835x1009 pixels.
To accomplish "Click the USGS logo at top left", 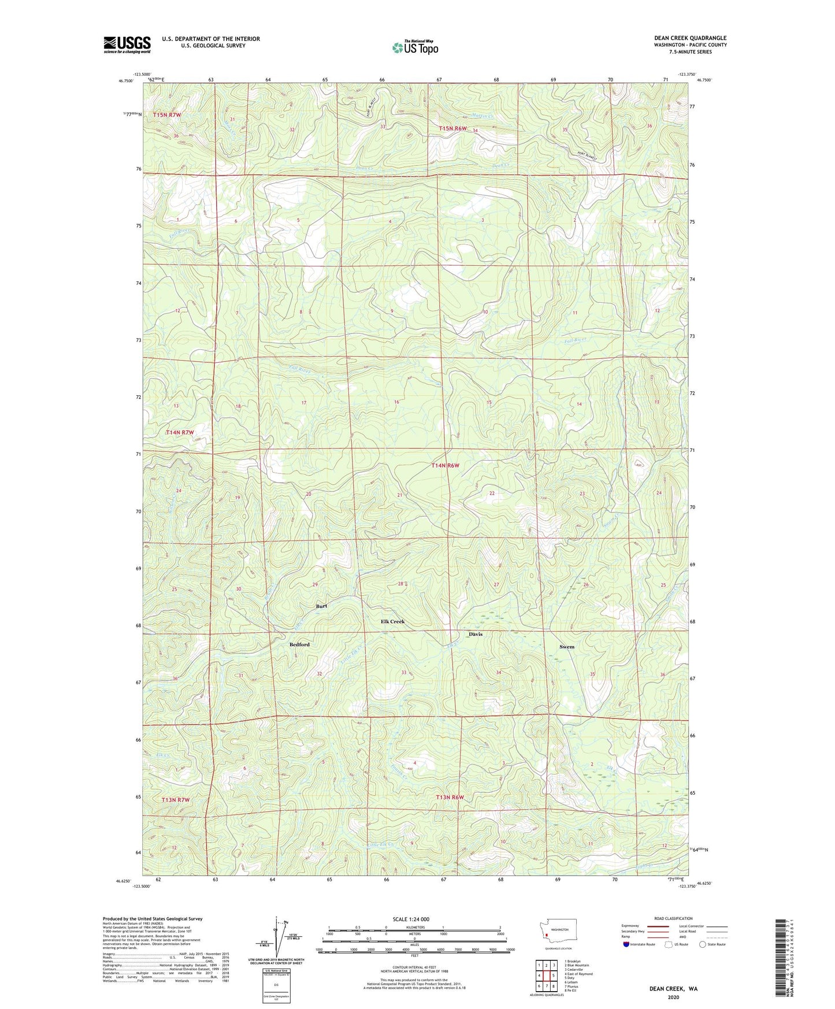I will click(127, 44).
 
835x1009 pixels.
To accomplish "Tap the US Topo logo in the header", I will click(414, 47).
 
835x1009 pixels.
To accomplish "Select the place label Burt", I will click(321, 606).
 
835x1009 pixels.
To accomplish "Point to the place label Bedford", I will click(299, 644).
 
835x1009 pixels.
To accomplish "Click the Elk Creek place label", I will click(392, 621).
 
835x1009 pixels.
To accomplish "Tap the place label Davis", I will click(476, 634).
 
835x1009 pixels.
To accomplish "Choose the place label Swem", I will click(567, 647).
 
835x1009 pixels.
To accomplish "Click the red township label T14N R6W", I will click(445, 465).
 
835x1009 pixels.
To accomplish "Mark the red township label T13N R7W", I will click(175, 800).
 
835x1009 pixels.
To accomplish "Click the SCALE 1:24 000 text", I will click(411, 919).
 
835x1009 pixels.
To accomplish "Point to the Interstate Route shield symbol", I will click(628, 944).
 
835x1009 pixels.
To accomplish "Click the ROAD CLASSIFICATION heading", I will click(673, 918).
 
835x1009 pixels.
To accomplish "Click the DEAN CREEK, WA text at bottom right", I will click(673, 989).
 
